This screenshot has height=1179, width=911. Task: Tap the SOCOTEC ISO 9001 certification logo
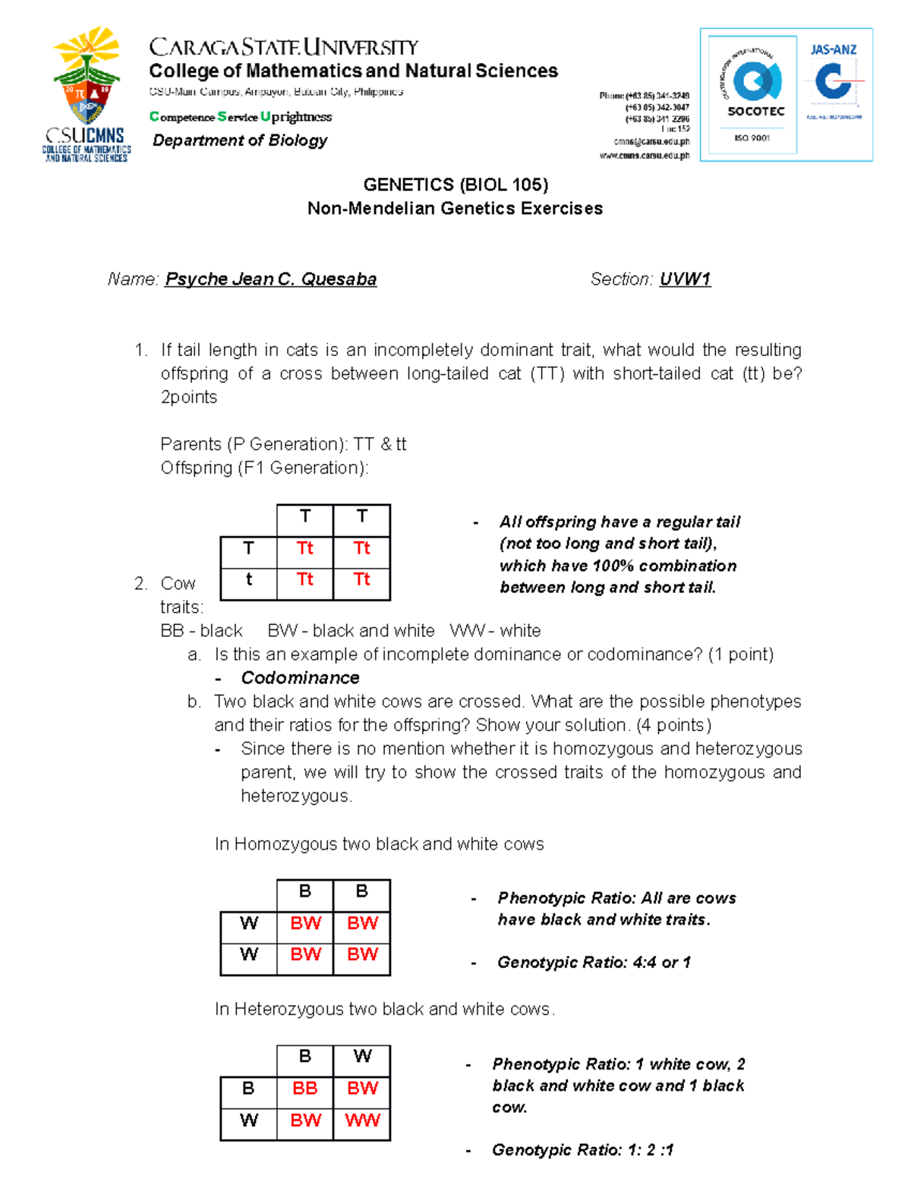click(752, 94)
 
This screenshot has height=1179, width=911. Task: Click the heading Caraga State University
click(283, 48)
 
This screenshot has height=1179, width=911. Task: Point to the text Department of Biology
click(240, 140)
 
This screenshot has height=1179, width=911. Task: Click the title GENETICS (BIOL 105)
click(455, 184)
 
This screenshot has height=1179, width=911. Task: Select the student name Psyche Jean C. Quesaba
click(271, 279)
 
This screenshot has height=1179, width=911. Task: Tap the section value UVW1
click(685, 279)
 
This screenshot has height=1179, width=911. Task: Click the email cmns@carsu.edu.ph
click(651, 142)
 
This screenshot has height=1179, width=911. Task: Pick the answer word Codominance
click(300, 678)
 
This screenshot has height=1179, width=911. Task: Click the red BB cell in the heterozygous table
click(305, 1088)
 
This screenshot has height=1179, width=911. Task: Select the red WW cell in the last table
click(362, 1120)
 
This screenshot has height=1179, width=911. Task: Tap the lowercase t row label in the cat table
click(248, 579)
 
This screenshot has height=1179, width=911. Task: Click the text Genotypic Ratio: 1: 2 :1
click(582, 1149)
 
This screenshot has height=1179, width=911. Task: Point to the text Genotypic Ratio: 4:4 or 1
click(594, 962)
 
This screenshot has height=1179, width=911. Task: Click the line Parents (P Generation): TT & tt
click(283, 444)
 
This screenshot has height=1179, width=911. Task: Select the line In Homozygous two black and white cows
click(379, 844)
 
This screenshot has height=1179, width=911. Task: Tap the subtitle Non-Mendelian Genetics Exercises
click(455, 209)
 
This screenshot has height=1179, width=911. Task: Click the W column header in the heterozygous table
click(362, 1056)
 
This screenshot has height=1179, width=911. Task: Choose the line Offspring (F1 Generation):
click(264, 468)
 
